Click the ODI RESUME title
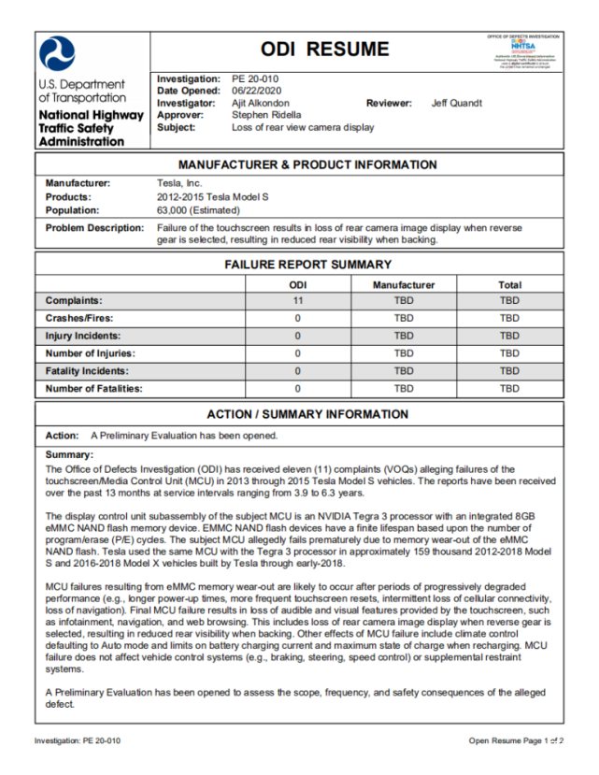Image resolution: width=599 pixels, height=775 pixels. (x=324, y=50)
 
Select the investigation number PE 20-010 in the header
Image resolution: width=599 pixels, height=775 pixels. (x=255, y=79)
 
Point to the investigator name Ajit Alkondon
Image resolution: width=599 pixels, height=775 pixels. (x=261, y=103)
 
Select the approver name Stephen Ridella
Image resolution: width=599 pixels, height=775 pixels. (x=267, y=115)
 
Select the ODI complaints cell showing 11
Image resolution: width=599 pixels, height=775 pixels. (x=297, y=301)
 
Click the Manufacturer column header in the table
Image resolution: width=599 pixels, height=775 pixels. (x=404, y=284)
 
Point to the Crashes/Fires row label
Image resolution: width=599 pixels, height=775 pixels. (x=79, y=319)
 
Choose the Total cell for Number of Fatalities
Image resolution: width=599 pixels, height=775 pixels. (x=509, y=389)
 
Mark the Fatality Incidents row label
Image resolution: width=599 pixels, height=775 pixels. (x=86, y=371)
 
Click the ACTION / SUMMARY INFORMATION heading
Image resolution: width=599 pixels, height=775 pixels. (x=307, y=414)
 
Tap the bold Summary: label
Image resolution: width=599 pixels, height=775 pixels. (x=68, y=455)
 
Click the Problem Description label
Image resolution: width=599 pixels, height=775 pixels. (x=94, y=228)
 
